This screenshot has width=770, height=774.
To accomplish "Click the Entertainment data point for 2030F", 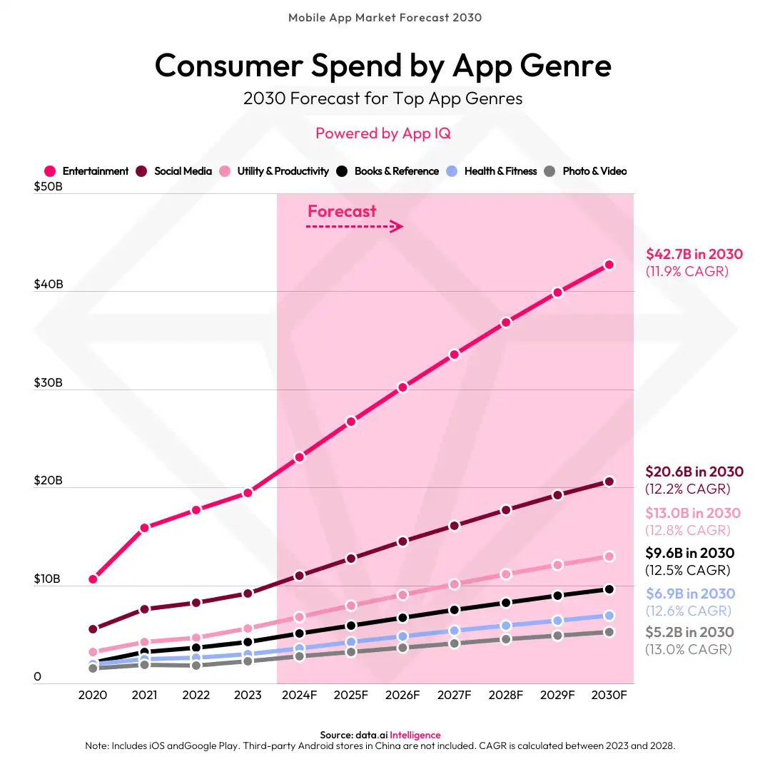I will pyautogui.click(x=609, y=265).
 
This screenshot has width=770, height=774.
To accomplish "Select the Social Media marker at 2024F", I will pyautogui.click(x=299, y=575).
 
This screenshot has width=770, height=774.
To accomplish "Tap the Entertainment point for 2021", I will pyautogui.click(x=144, y=528).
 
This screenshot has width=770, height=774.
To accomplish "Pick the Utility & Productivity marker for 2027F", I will pyautogui.click(x=454, y=584).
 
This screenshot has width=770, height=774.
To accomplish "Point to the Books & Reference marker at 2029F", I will pyautogui.click(x=557, y=596).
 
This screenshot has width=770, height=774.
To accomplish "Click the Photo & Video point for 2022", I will pyautogui.click(x=196, y=665).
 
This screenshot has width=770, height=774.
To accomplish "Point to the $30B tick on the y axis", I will pyautogui.click(x=49, y=382).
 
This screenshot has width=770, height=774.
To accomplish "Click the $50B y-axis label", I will pyautogui.click(x=49, y=187).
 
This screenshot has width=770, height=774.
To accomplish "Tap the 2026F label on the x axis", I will pyautogui.click(x=402, y=696).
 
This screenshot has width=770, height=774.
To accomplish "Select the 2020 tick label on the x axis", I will pyautogui.click(x=93, y=696).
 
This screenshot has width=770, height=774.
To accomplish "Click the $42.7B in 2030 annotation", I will pyautogui.click(x=694, y=254).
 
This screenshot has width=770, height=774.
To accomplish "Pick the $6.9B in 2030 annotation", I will pyautogui.click(x=690, y=594).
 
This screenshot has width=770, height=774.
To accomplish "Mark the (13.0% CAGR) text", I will pyautogui.click(x=688, y=650).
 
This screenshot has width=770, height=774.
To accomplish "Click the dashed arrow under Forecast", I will pyautogui.click(x=355, y=227).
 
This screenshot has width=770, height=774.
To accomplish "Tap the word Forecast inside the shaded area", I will pyautogui.click(x=342, y=211).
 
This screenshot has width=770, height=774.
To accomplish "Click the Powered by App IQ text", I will pyautogui.click(x=383, y=133).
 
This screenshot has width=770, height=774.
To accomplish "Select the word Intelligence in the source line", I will pyautogui.click(x=415, y=735).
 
